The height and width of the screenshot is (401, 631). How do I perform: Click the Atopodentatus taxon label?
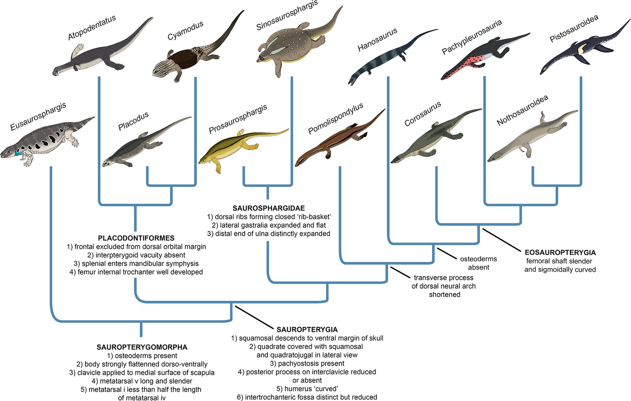coord(92,27)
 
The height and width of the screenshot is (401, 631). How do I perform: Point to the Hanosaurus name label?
coord(377,40)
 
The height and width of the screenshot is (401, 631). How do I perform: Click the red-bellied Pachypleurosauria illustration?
coord(485,56)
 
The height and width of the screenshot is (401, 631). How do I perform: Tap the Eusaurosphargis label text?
coord(38,117)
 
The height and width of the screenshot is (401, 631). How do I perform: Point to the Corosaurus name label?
coord(422,114)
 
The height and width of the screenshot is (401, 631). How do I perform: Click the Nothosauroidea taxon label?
coord(522,110)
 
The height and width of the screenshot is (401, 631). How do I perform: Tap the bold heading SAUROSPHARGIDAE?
coord(268,208)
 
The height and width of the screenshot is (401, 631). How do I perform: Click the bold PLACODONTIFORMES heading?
coord(136,238)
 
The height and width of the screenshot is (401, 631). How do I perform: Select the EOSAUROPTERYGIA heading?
coord(560,252)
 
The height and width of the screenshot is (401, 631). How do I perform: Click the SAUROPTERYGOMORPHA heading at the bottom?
coord(142,347)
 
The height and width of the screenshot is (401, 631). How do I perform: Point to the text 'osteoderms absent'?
coord(478,263)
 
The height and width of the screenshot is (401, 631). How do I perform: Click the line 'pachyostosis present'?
coord(307,364)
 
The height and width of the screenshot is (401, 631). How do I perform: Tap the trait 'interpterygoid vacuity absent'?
coord(136,255)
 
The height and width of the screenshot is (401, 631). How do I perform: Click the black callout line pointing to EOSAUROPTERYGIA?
coord(501,240)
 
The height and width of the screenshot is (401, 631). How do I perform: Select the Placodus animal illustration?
coord(146,144)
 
